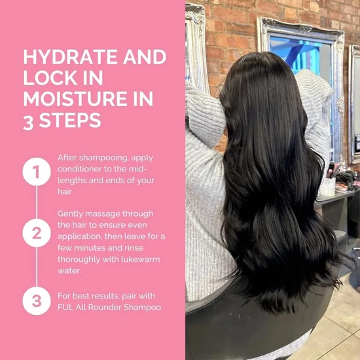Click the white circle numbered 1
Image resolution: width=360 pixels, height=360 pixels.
click(x=37, y=171)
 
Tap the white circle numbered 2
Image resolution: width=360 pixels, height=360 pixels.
click(x=37, y=233)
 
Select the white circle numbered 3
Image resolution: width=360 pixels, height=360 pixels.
click(x=37, y=301)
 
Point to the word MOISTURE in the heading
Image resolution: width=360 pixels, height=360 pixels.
click(x=75, y=99)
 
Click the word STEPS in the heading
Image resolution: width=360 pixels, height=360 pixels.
click(x=70, y=120)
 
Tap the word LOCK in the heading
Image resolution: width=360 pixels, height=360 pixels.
click(x=50, y=78)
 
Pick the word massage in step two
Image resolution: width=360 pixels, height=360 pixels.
click(x=102, y=215)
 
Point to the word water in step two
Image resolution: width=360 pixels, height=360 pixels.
click(x=69, y=271)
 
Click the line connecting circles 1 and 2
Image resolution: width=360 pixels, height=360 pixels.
click(x=37, y=202)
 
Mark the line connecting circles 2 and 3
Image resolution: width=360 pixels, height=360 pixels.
click(x=37, y=267)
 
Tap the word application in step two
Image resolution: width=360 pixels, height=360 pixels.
click(x=79, y=237)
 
